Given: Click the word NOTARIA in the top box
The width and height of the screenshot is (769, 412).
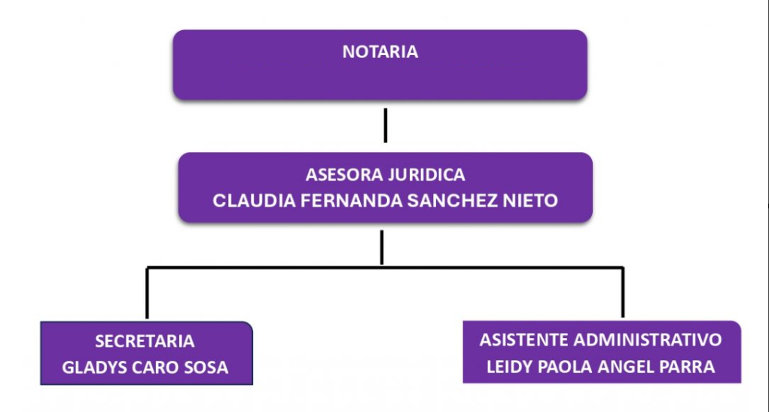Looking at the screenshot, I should [380, 53].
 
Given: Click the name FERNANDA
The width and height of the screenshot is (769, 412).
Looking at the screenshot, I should [329, 201].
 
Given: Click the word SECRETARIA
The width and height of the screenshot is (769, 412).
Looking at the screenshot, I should [145, 341].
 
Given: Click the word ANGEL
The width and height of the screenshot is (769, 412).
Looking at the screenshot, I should [629, 367].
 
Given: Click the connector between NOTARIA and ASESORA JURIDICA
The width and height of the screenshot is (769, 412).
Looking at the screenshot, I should [385, 125].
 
